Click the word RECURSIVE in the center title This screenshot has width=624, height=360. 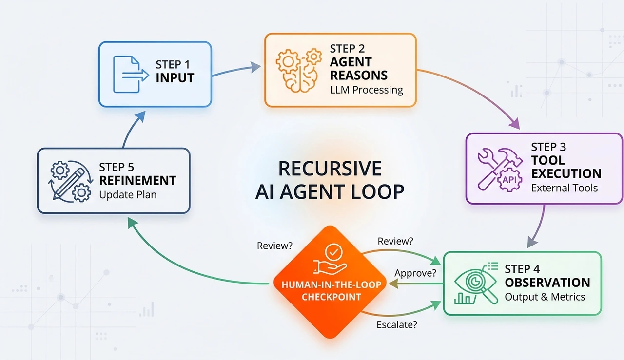(330, 169)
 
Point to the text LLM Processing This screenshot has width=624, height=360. (367, 90)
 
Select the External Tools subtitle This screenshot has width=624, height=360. (564, 188)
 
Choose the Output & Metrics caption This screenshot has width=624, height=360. (545, 297)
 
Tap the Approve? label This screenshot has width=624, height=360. (415, 273)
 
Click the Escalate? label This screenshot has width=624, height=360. (397, 325)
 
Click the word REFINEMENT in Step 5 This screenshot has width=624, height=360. (137, 181)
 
